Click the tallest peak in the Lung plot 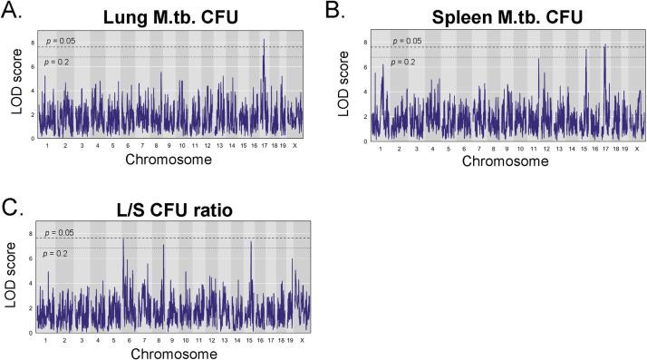[x=264, y=40]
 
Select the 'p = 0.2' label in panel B [x=403, y=62]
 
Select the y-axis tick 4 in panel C [x=33, y=284]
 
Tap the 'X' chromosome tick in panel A [x=295, y=146]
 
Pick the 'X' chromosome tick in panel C [x=301, y=340]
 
